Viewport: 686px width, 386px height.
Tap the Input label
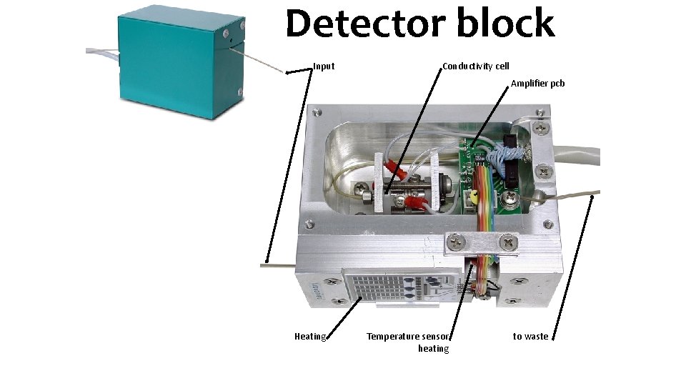click(324, 66)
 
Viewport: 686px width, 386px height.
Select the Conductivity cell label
click(476, 66)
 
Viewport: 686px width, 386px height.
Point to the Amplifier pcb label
click(537, 84)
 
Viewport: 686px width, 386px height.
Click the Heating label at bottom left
click(310, 337)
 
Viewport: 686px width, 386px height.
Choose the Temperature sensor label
click(407, 337)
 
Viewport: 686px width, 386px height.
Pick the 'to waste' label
click(530, 337)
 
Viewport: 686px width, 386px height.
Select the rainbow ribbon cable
click(486, 214)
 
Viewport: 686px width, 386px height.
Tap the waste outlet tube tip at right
click(595, 192)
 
